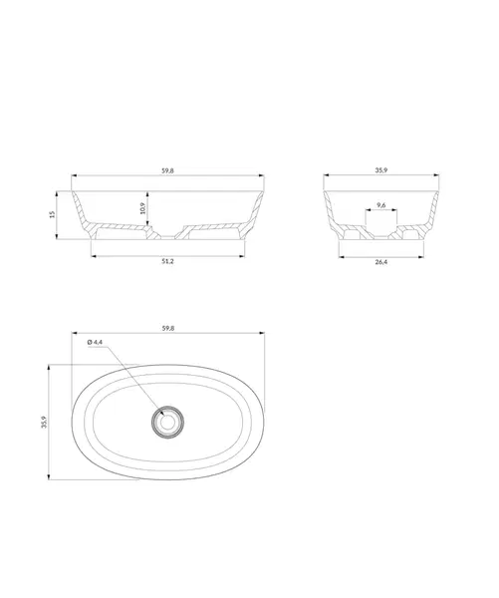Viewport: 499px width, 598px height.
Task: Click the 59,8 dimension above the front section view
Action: click(x=167, y=170)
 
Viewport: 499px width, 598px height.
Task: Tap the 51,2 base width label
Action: click(x=167, y=261)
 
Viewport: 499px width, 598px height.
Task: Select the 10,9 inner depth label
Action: click(x=143, y=208)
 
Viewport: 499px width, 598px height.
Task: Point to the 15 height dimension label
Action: click(x=53, y=214)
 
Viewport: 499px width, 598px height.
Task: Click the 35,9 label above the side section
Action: click(x=381, y=170)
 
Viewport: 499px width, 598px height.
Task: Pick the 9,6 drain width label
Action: click(x=381, y=205)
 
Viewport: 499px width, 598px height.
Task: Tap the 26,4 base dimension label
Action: click(x=381, y=262)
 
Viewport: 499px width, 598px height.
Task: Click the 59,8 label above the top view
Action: click(x=168, y=328)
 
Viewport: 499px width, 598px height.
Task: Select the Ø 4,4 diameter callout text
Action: click(x=95, y=342)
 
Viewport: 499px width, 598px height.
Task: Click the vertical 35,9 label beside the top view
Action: click(x=44, y=423)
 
